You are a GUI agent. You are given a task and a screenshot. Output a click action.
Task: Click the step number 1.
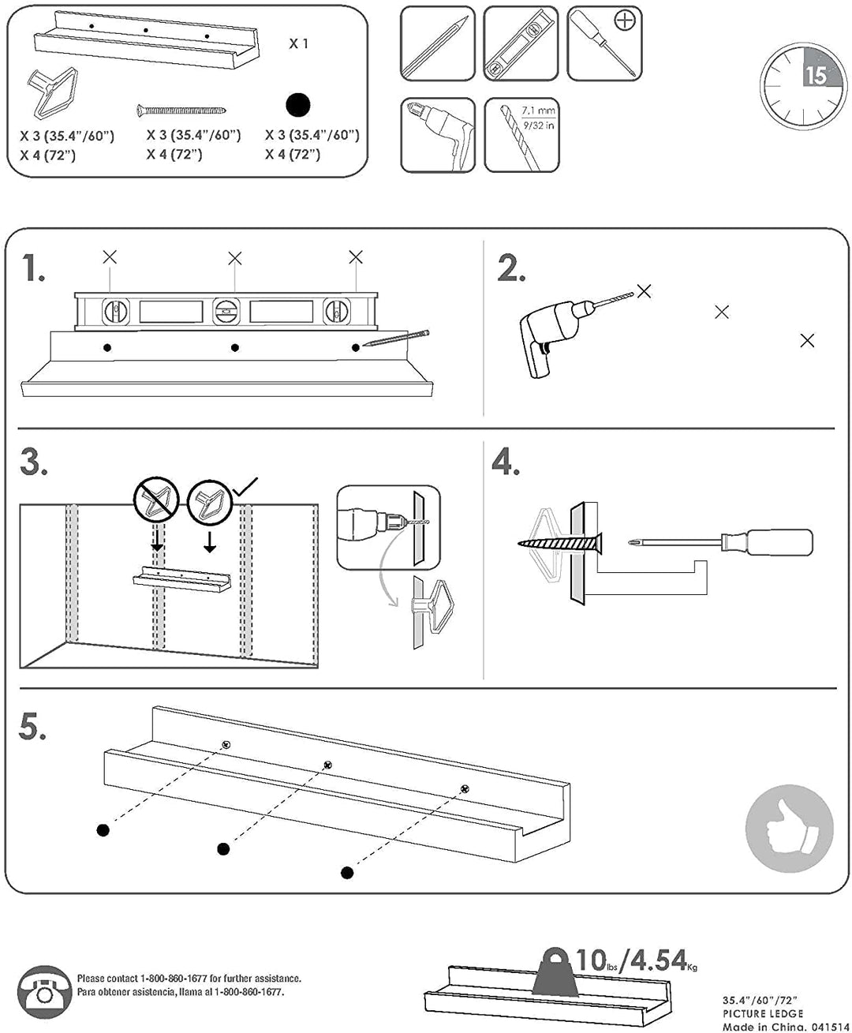point(33,269)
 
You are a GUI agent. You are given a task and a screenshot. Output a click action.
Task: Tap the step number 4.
point(506,462)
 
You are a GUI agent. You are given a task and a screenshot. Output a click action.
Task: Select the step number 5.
point(33,728)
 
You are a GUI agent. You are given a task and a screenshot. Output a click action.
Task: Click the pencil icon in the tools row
point(437,43)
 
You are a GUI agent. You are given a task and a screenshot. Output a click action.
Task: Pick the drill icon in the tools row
point(437,134)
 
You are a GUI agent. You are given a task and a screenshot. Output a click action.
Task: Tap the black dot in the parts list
point(299,105)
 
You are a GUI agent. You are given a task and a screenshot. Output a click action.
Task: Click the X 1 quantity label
point(299,43)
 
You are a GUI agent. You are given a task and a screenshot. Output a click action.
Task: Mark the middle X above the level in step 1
point(234,258)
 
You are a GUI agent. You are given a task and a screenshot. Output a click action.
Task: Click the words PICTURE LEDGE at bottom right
point(762,1012)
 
